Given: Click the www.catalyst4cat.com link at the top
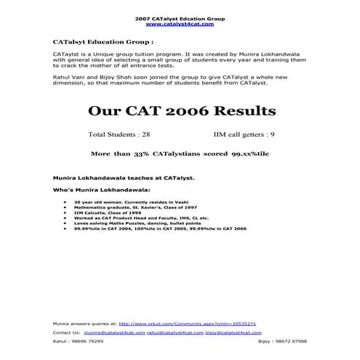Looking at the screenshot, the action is pos(180,23).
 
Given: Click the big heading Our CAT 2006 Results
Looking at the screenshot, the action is pos(181,111).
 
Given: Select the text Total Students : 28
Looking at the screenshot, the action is pos(119,135).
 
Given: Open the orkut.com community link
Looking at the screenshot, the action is pos(187,323).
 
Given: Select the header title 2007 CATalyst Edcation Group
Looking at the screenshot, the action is pos(180,17).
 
